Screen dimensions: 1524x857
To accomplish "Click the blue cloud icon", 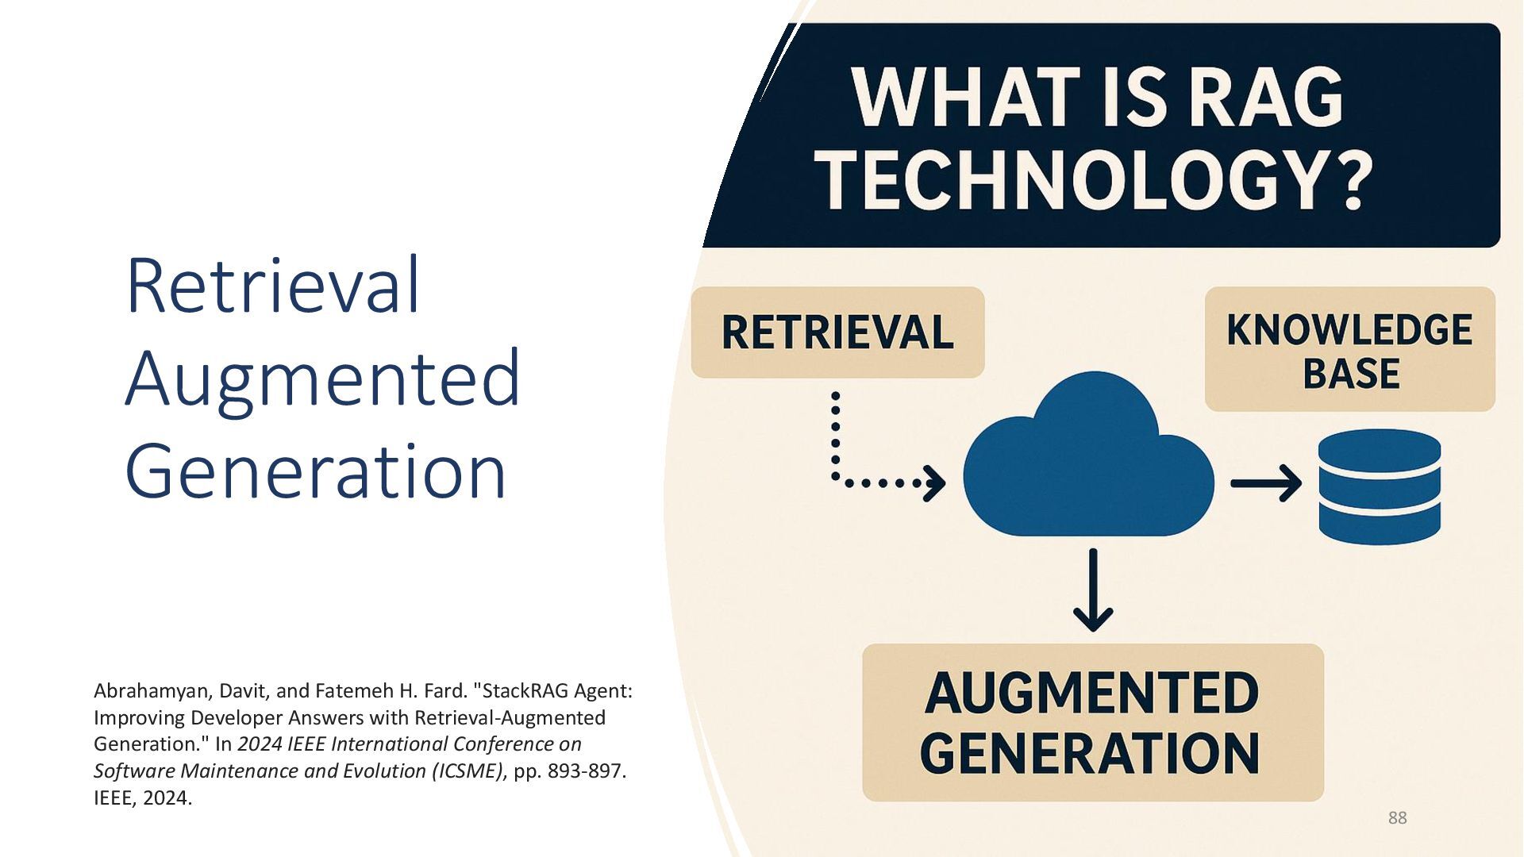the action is pos(1087,460).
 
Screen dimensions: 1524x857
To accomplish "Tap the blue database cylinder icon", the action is pos(1379,486).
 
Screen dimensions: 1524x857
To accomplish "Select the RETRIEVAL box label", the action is pos(837,332).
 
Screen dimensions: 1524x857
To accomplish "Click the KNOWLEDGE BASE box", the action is pos(1349,350).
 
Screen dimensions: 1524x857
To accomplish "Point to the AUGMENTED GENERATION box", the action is pos(1092,722).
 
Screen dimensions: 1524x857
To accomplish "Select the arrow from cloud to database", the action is pos(1265,483).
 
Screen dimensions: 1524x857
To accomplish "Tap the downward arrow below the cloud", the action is pos(1093,591).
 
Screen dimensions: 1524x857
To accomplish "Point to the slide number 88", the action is pos(1397,817).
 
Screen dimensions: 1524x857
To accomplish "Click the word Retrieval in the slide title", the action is pos(272,286).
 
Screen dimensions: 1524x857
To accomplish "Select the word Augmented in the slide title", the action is pos(322,379).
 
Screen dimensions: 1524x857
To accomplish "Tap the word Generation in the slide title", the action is pos(315,471).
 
